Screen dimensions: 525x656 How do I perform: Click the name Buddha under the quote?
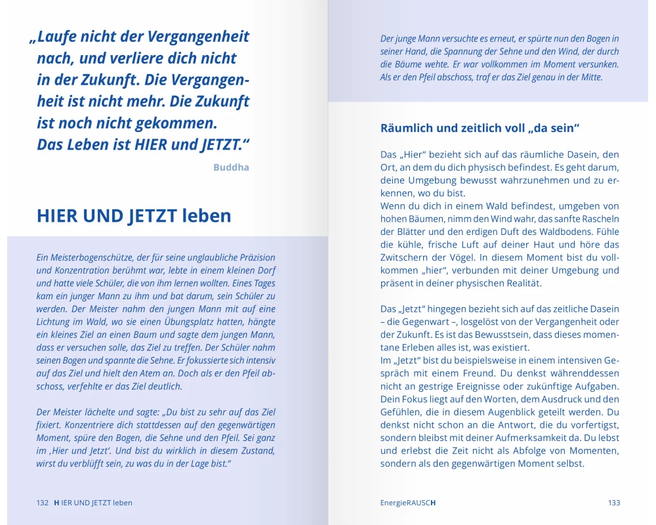coord(231,167)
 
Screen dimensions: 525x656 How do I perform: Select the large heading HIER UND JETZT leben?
coord(134,215)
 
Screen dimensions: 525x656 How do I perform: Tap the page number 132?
coord(43,503)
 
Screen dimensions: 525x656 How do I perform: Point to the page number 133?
coord(613,503)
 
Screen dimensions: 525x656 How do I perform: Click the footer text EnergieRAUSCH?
coord(408,503)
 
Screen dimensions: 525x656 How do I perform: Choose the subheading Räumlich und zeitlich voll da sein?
coord(482,128)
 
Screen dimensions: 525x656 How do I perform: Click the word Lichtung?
coord(54,322)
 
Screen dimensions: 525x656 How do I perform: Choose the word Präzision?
coord(254,257)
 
